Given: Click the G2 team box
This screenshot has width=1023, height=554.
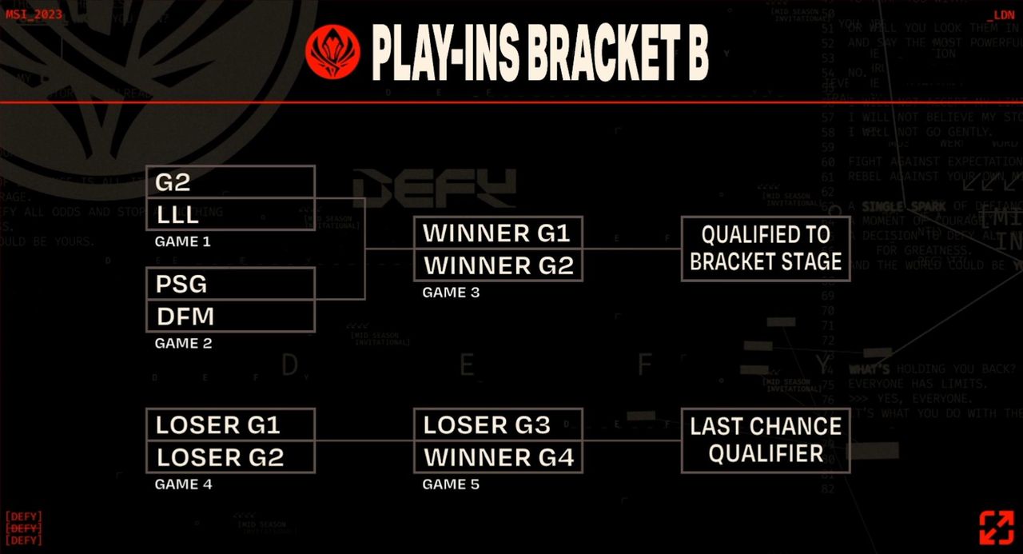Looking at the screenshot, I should point(230,182).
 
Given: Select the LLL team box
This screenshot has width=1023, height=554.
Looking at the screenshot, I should point(230,214).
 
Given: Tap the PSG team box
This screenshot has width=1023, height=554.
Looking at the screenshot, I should point(230,284).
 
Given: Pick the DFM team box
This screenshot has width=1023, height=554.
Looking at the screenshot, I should point(230,317).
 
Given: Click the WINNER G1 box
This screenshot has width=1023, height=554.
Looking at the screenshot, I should point(497,233).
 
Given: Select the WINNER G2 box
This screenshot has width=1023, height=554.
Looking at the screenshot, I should point(497,265).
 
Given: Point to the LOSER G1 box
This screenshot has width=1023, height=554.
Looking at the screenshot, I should point(230,424).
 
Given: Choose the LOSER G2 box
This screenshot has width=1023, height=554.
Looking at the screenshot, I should point(230,456).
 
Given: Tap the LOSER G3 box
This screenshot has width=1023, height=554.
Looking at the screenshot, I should point(497,424).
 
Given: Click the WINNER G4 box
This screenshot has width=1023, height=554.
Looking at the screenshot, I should point(497,457).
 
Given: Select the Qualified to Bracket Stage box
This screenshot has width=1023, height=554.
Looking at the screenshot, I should point(765,249).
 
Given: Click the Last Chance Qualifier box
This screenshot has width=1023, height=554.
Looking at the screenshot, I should point(765,440).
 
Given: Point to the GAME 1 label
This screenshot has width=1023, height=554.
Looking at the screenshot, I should point(183,241).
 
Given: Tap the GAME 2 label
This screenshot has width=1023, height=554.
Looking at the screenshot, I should point(183,344).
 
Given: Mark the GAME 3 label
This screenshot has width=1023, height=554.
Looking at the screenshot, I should point(451,293).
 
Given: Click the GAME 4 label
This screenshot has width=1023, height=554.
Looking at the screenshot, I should point(183,484).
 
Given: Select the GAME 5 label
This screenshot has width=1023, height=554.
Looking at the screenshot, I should point(451,484).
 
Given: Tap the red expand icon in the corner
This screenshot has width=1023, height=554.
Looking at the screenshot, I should point(996,528).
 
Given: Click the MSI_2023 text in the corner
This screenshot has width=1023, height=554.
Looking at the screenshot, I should point(34,14).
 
